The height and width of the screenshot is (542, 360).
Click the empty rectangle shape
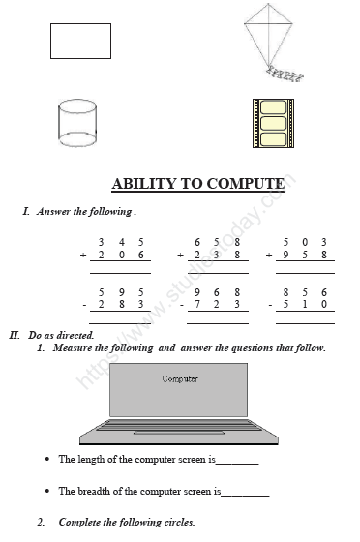tap(80, 41)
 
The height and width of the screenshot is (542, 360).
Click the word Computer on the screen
tap(180, 379)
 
